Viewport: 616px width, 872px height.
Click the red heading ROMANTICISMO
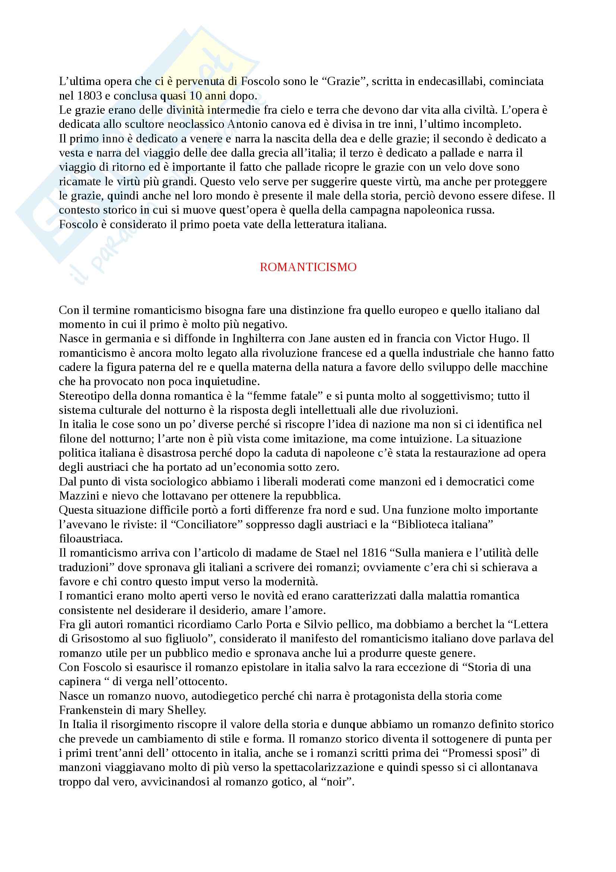click(x=308, y=267)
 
